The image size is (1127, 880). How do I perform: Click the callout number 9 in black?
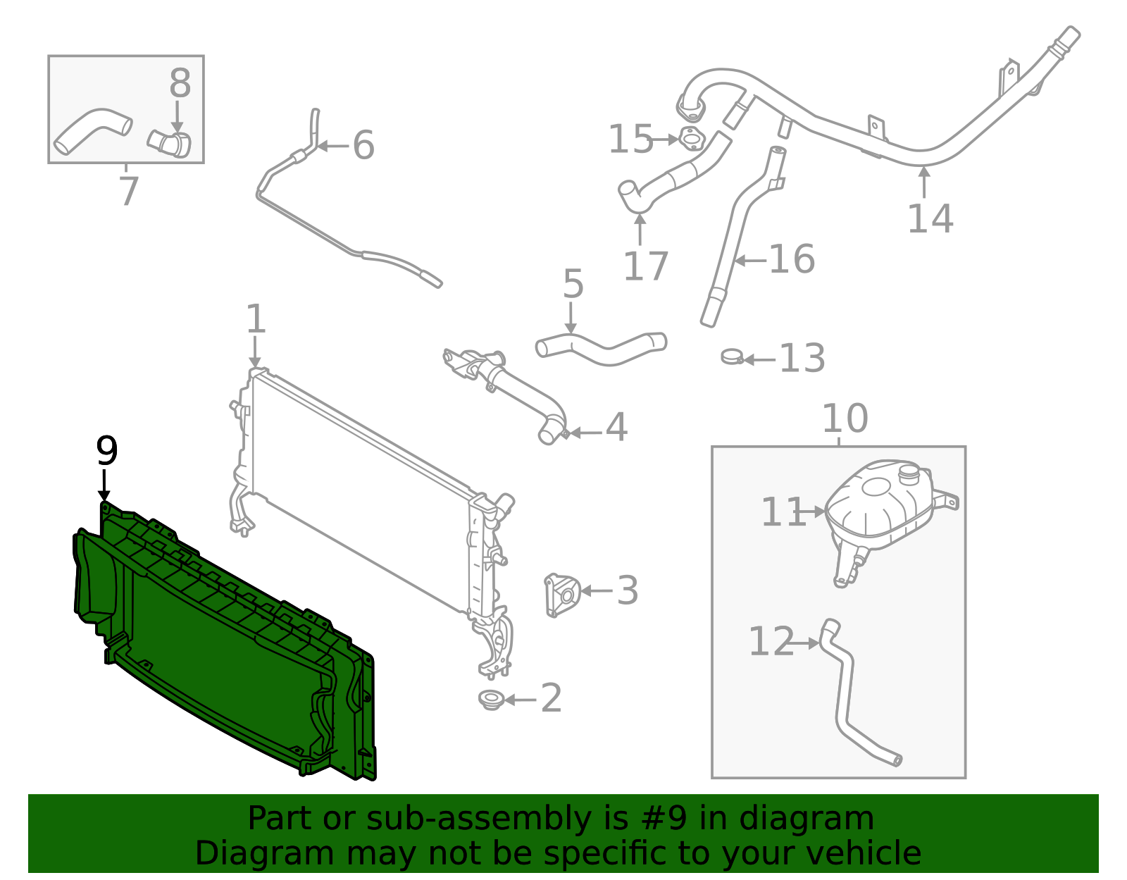(x=106, y=451)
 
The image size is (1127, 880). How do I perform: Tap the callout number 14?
(x=930, y=218)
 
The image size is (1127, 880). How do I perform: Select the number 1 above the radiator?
(x=256, y=319)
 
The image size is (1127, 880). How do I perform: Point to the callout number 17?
(x=645, y=266)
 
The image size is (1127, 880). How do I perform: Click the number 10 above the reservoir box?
(x=845, y=419)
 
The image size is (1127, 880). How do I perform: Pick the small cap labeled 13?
(x=732, y=357)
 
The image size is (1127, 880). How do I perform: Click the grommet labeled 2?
(x=490, y=700)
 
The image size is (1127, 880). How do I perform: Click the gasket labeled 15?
(x=692, y=139)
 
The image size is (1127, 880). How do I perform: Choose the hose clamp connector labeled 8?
(x=170, y=142)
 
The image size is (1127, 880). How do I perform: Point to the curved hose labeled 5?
(x=600, y=347)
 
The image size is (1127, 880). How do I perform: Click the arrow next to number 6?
(x=332, y=147)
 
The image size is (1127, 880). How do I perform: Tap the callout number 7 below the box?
(x=128, y=191)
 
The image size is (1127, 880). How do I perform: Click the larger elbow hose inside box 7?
(x=92, y=130)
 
